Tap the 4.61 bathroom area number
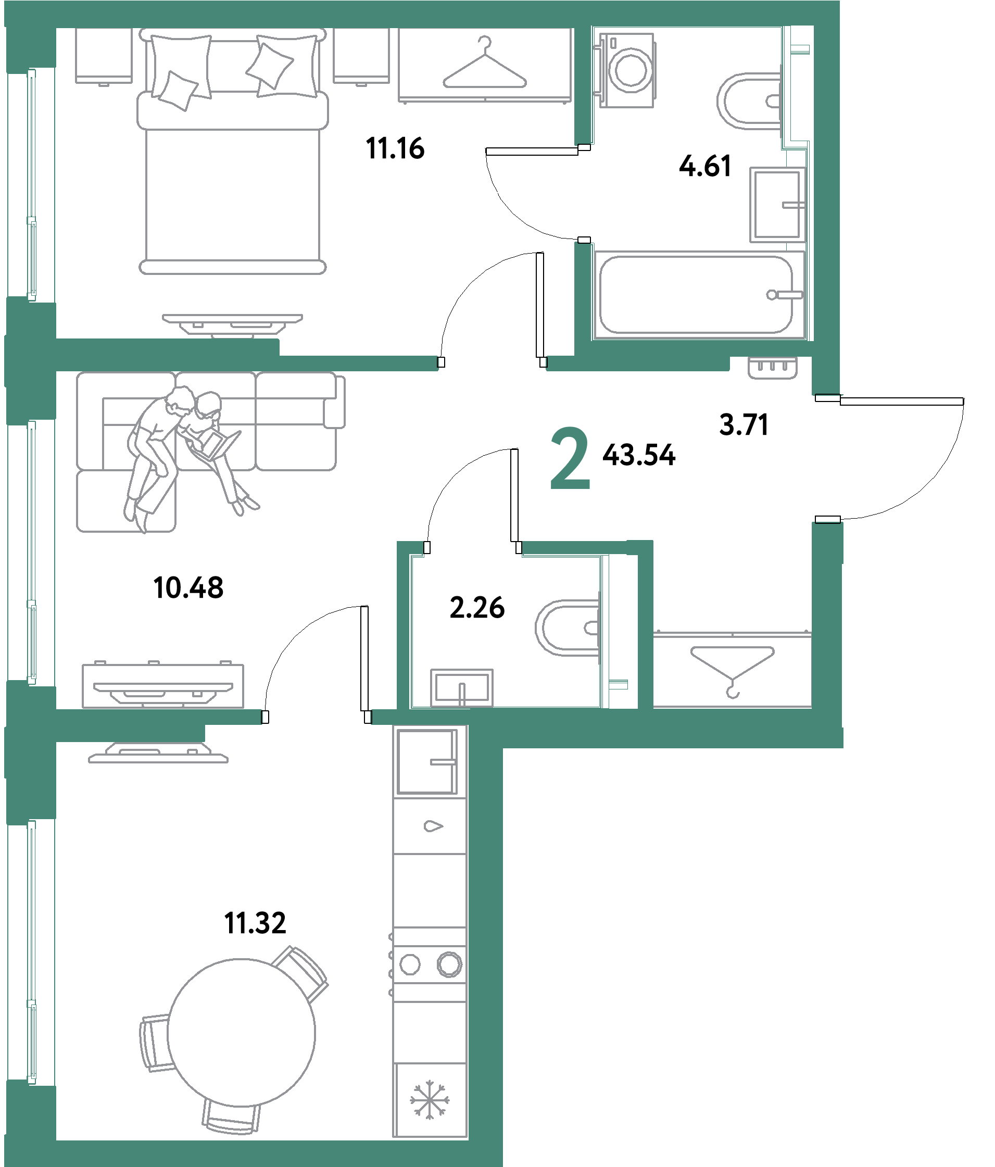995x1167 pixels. tap(705, 166)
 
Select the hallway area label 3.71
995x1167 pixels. tap(744, 424)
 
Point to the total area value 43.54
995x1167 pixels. tap(638, 455)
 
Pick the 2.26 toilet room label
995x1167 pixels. tap(477, 608)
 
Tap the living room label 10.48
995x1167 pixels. tap(188, 588)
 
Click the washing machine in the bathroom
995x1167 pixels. tap(626, 70)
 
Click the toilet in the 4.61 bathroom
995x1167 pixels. tap(749, 102)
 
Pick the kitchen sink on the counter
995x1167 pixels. tap(427, 762)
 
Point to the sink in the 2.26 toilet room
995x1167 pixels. tap(462, 687)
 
